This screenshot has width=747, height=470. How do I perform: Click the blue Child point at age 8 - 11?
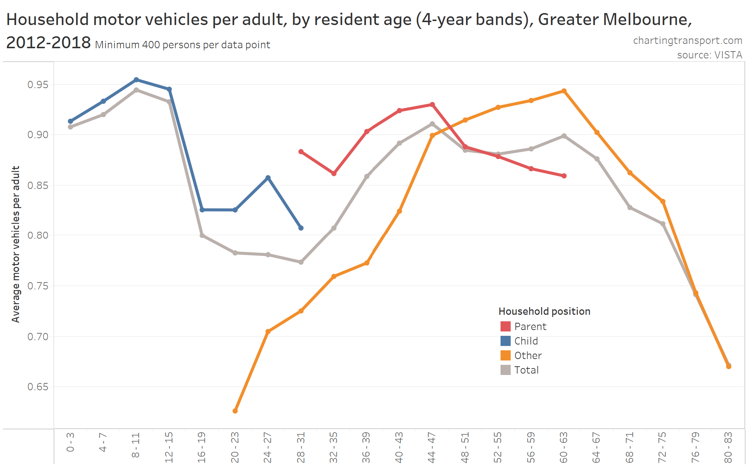pos(136,80)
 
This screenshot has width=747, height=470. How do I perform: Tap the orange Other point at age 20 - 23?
pos(235,411)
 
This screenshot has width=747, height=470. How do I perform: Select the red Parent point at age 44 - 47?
pos(432,105)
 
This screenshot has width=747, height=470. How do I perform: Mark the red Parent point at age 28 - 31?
pos(301,152)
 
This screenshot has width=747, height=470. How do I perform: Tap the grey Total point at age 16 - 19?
pos(202,235)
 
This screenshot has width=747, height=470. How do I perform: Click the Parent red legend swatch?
pos(505,326)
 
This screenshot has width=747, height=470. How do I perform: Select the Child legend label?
pos(526,341)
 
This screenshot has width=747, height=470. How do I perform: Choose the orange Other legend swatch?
pos(505,355)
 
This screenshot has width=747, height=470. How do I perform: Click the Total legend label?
pos(526,370)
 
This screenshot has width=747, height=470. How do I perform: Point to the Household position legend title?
pos(544,311)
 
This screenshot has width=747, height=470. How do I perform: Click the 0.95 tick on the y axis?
pos(38,85)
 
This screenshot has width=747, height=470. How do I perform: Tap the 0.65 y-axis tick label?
pos(38,387)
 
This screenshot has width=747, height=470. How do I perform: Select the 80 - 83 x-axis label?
pos(728,447)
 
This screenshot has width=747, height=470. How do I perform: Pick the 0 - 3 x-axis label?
pos(70,442)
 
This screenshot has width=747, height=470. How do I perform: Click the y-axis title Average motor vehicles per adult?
pos(16,244)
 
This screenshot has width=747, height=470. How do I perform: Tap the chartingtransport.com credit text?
pos(688,41)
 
